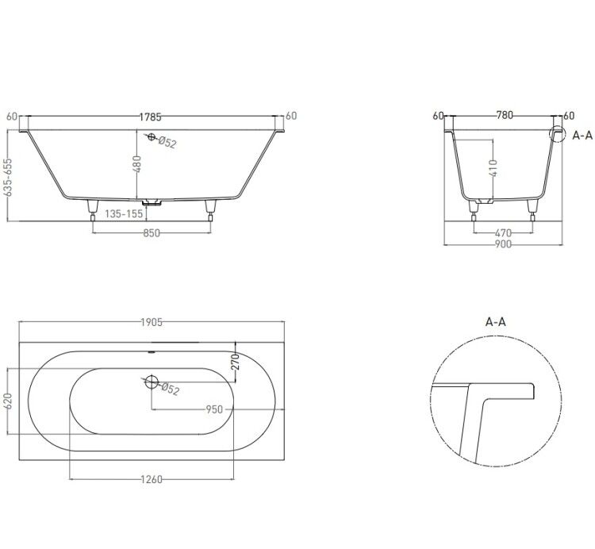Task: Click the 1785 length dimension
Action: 151,117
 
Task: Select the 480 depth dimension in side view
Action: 137,163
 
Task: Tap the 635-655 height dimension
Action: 8,178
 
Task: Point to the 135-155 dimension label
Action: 124,214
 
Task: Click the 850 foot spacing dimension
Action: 152,233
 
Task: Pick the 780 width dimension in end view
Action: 505,115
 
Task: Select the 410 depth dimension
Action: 493,168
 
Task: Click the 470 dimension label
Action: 503,232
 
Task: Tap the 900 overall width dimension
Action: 503,244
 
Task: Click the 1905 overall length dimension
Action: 152,322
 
